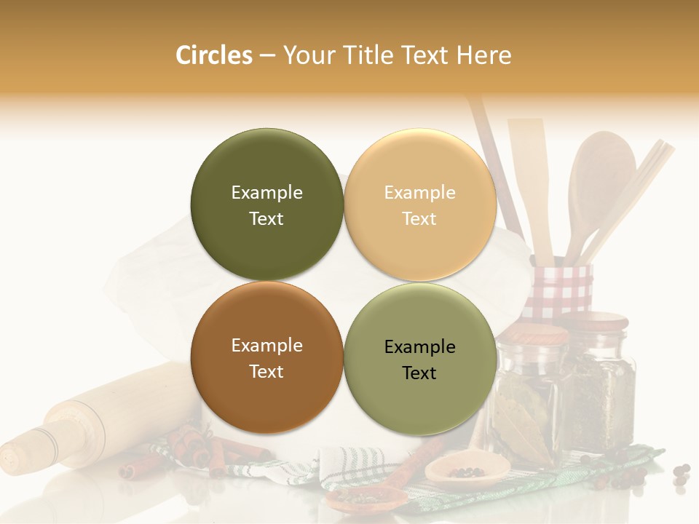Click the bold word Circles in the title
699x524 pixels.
click(x=213, y=55)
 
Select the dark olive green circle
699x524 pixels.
click(x=266, y=205)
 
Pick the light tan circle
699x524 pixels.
click(x=419, y=205)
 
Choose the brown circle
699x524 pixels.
click(x=266, y=357)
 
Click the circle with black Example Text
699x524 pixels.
click(x=419, y=359)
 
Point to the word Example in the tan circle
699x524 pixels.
click(x=419, y=193)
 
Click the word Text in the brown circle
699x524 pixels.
click(x=266, y=372)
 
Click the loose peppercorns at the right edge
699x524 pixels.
click(x=682, y=473)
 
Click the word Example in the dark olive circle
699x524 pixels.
click(x=266, y=193)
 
